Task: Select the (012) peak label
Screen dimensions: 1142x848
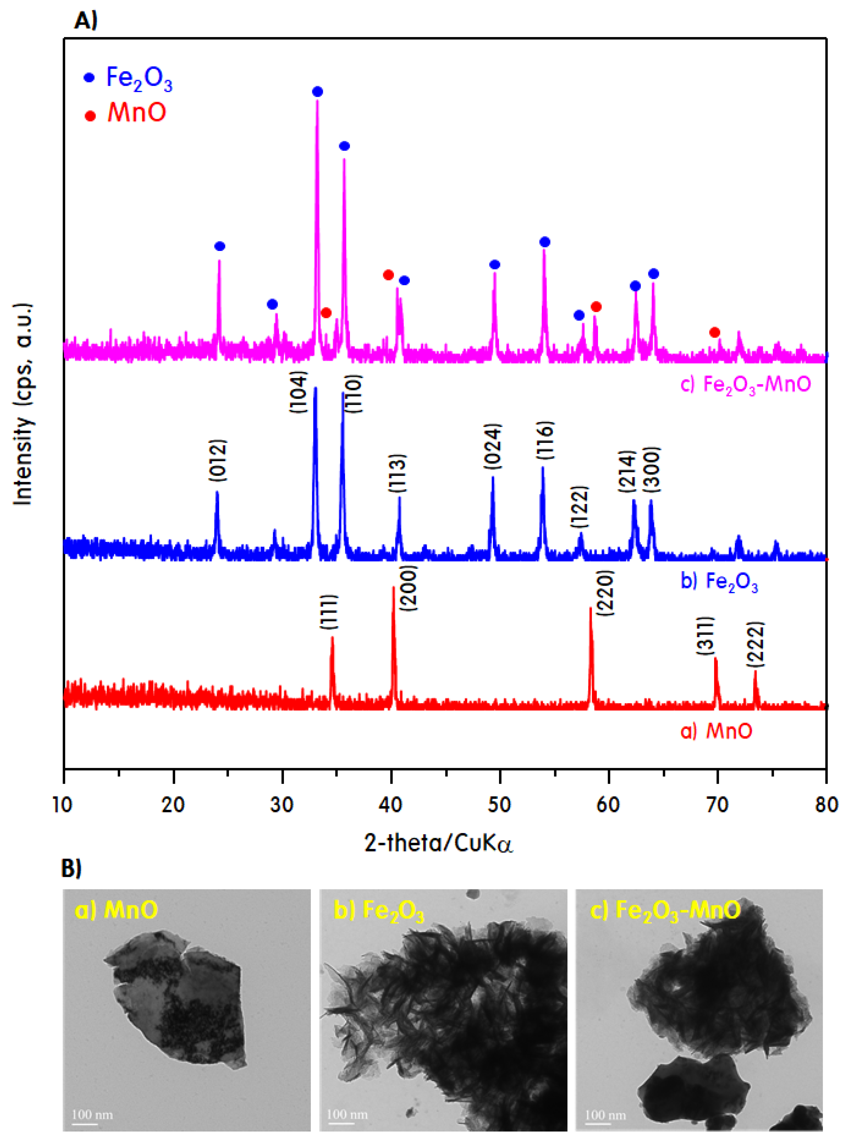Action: pos(218,460)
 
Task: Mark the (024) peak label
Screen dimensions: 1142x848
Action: pos(493,446)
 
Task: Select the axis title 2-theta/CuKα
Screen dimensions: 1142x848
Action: pos(439,843)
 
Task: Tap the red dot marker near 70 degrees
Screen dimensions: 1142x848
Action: pos(714,332)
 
